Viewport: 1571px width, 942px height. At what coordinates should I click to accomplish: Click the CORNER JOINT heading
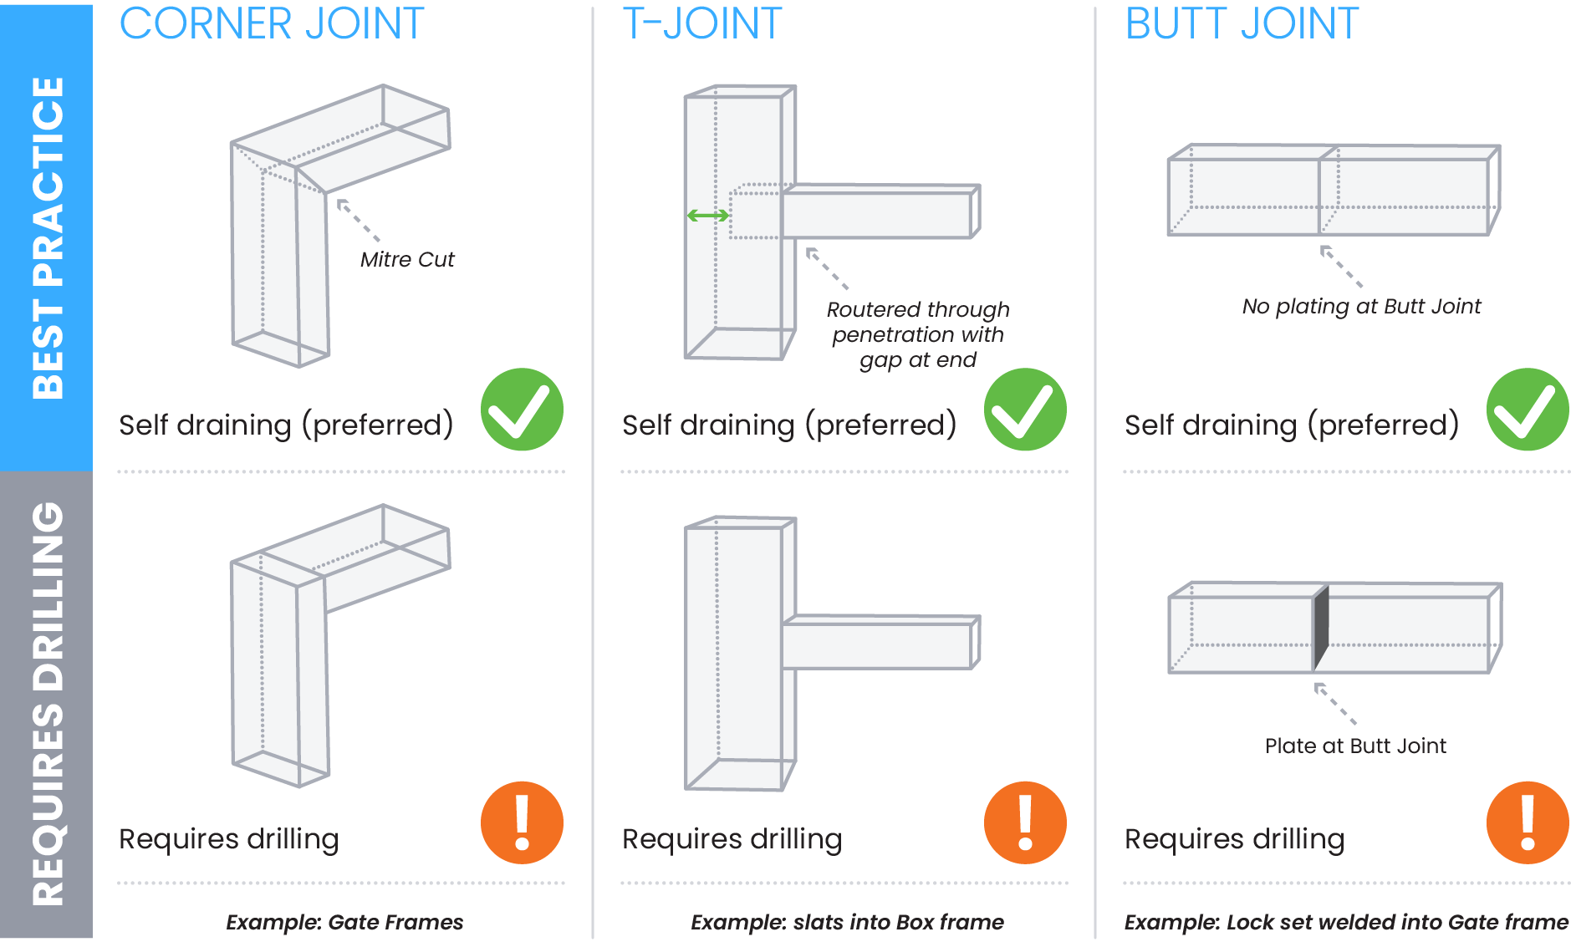[272, 23]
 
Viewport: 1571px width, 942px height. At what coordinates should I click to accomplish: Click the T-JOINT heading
[702, 23]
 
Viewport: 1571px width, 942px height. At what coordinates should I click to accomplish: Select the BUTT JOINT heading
[1242, 23]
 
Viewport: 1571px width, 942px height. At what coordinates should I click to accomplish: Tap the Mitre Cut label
[407, 259]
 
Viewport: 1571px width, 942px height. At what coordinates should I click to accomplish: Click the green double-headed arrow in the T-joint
[708, 216]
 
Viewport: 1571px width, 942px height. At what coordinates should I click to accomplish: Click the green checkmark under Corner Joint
[522, 410]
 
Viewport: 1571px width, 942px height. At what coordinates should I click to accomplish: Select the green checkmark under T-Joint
[1025, 410]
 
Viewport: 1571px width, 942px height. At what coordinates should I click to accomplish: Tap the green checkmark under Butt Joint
[1528, 410]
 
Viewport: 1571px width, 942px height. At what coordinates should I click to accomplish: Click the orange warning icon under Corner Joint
[522, 822]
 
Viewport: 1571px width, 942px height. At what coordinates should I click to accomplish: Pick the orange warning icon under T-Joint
[1025, 822]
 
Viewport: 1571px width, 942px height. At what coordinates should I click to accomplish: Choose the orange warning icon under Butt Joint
[1528, 822]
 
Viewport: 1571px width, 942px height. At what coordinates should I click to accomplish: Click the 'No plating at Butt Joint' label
[1361, 307]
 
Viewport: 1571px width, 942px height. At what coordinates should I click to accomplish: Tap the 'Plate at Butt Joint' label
[1355, 746]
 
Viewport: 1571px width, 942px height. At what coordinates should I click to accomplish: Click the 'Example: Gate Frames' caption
[344, 922]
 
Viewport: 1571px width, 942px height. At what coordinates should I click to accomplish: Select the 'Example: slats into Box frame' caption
[847, 922]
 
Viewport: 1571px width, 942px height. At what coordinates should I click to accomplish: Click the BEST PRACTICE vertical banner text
[48, 237]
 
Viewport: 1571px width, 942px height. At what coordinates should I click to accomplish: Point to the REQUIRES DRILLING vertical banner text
[48, 704]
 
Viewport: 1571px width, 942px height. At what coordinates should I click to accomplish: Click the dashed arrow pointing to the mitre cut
[358, 220]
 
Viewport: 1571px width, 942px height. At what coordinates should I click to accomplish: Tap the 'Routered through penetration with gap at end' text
[918, 334]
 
